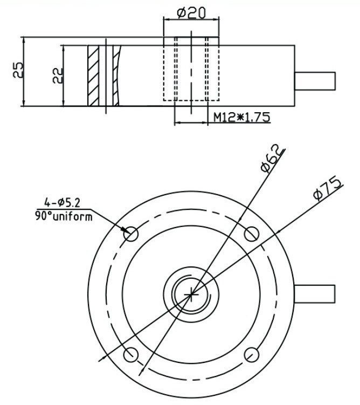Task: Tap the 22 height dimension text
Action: pos(58,74)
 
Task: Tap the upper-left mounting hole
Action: pos(131,234)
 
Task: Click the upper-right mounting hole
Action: pos(251,234)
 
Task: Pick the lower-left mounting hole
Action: pos(131,353)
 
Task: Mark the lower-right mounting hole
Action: pos(251,353)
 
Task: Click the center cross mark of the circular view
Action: pos(191,293)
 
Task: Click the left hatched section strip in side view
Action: pos(93,75)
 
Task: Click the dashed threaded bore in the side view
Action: pos(191,69)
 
